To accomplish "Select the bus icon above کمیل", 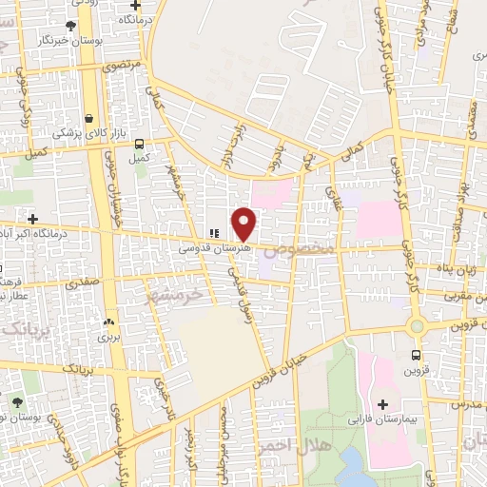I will pos(140,145).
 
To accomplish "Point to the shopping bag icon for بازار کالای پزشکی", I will pos(89,119).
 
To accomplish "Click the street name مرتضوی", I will pos(121,68).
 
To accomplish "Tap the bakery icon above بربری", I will pos(108,322).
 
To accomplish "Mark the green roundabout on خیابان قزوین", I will pos(416,326).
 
